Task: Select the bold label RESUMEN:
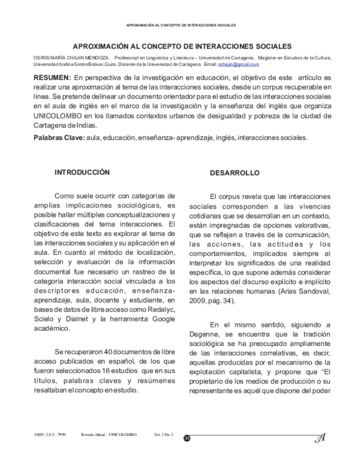click(x=51, y=78)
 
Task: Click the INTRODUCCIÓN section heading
click(x=82, y=172)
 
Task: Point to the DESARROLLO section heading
click(x=235, y=173)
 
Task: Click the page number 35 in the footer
click(x=187, y=440)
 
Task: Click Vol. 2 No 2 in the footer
click(x=163, y=434)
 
